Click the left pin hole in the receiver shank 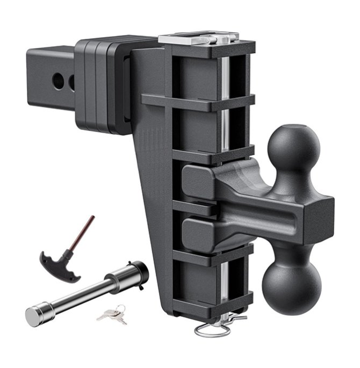click(57, 81)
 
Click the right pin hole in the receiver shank click(72, 82)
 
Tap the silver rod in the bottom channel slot click(226, 279)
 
